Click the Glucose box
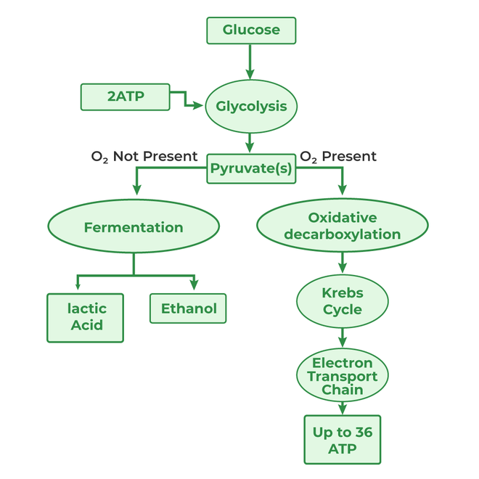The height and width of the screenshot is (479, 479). click(251, 30)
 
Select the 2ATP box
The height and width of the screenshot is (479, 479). click(125, 97)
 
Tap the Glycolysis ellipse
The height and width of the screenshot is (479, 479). click(251, 106)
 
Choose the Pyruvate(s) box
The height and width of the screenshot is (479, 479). click(251, 168)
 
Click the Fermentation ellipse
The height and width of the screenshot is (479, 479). click(134, 227)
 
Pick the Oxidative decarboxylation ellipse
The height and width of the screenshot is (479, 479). click(342, 226)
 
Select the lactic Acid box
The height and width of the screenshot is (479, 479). click(86, 317)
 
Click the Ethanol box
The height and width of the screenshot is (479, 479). click(189, 308)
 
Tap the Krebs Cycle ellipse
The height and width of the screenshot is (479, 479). click(342, 301)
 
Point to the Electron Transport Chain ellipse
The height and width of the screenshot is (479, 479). click(342, 376)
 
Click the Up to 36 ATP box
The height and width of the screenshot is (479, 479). click(342, 440)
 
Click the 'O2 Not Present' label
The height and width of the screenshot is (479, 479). click(144, 156)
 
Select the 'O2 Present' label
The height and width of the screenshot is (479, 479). click(338, 156)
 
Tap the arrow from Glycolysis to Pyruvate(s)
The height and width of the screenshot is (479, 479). click(251, 142)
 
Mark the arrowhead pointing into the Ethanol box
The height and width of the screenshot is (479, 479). click(194, 286)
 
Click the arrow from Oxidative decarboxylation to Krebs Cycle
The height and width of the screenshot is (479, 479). click(342, 261)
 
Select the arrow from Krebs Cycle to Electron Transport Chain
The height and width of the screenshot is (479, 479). click(342, 337)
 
